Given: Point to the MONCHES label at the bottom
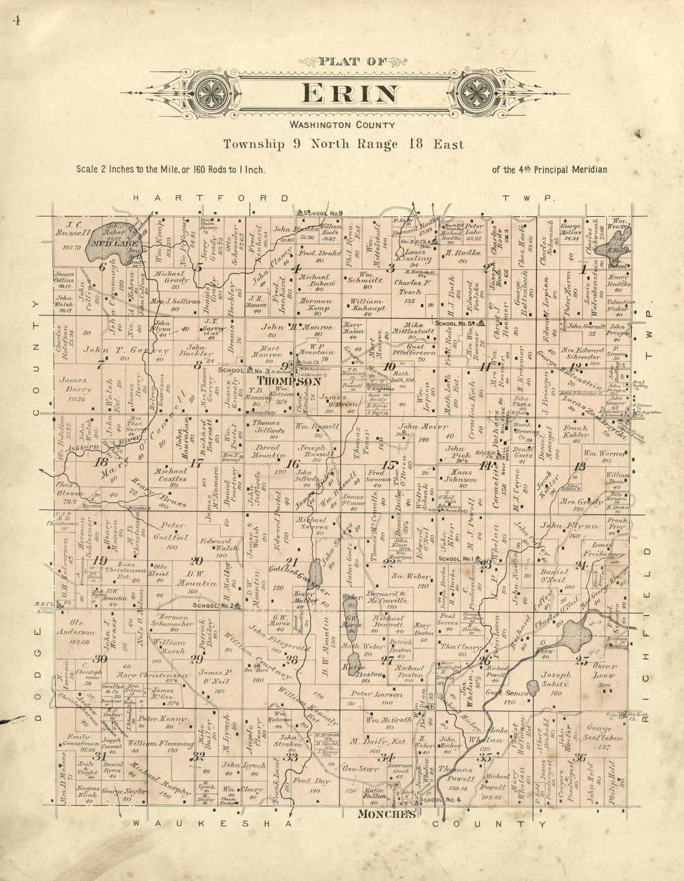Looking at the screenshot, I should [386, 814].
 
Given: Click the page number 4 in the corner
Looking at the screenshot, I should [16, 20].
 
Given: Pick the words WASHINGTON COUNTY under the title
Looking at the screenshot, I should [341, 125].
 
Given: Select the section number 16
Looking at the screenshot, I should [292, 463].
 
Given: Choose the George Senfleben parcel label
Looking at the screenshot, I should [599, 733].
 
